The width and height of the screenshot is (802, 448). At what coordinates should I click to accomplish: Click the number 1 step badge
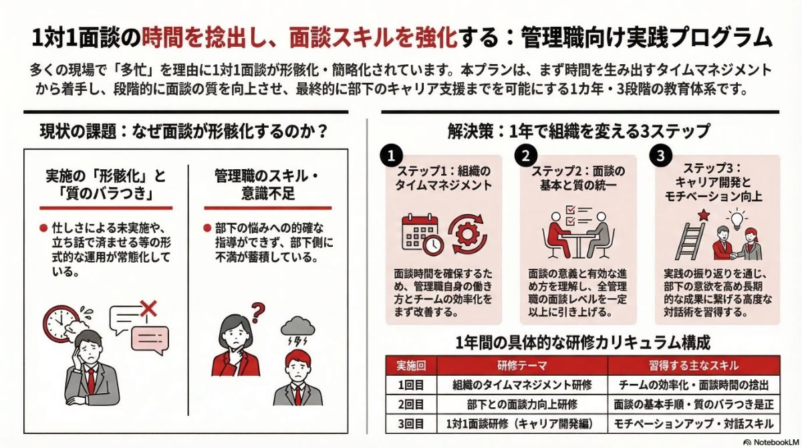390,156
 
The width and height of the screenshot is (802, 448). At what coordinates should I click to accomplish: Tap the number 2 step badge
525,156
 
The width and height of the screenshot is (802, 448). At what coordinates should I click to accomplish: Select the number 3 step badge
660,156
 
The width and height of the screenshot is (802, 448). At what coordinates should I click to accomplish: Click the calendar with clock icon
422,234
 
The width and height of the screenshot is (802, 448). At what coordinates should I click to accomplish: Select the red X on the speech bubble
148,308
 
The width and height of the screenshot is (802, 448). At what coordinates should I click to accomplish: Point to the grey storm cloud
299,328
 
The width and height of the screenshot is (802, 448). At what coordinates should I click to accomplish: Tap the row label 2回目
410,404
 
